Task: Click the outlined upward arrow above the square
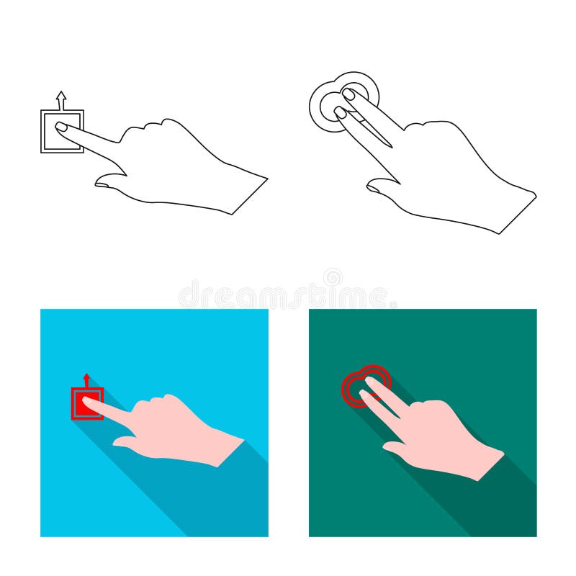(x=61, y=101)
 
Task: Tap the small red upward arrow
(x=86, y=381)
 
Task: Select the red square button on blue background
(x=87, y=403)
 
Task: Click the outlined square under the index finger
(x=62, y=131)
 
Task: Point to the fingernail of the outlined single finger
(x=61, y=127)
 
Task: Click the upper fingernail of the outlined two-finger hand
(x=348, y=94)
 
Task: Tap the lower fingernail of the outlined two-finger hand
(x=340, y=112)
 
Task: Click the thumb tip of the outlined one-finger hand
(x=101, y=184)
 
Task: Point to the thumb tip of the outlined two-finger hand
(x=373, y=188)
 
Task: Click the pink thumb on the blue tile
(x=124, y=441)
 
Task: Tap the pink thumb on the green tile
(x=394, y=447)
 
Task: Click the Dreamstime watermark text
(x=287, y=294)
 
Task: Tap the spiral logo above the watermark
(x=333, y=277)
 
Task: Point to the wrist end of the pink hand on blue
(x=231, y=453)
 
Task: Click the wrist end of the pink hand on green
(x=491, y=466)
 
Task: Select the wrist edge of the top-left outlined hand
(x=250, y=197)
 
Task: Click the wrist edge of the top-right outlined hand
(x=518, y=215)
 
